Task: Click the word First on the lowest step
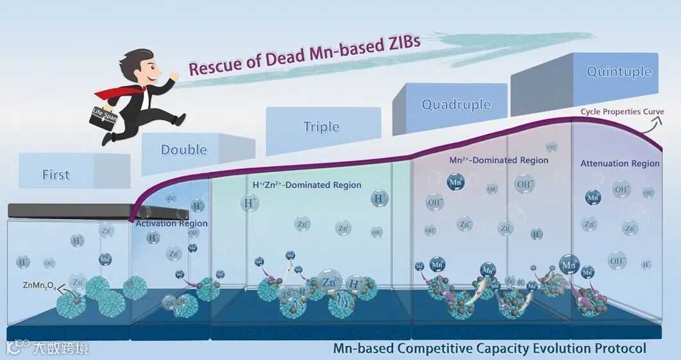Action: tap(56, 175)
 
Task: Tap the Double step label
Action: tap(183, 150)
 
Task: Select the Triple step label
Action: tap(321, 126)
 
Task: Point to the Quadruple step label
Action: tap(456, 105)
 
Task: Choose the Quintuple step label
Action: tap(619, 71)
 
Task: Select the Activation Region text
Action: tap(171, 223)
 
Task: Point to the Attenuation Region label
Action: tap(619, 164)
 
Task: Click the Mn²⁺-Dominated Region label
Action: tap(499, 160)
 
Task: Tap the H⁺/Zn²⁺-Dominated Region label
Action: tap(307, 185)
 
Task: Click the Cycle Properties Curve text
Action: tap(622, 112)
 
